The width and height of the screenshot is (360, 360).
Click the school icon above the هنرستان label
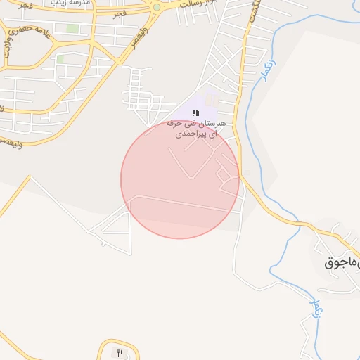196,112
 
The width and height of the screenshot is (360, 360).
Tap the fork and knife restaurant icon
120,354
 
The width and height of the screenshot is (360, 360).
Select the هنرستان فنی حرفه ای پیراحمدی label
196,128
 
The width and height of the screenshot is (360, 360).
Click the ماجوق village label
342,264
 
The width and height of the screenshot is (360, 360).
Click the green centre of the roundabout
156,8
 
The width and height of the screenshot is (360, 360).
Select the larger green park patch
72,29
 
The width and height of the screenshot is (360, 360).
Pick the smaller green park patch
61,59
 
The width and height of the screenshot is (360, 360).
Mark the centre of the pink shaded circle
180,179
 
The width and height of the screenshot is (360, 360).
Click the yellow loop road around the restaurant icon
105,347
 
